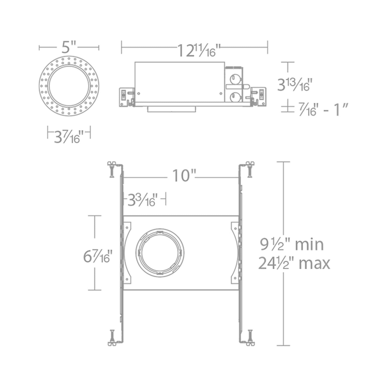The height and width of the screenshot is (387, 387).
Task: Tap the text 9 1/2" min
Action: pos(292,245)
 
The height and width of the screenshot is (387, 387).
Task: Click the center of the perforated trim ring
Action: pos(69,86)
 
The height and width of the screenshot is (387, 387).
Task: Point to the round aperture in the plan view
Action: pos(160,253)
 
